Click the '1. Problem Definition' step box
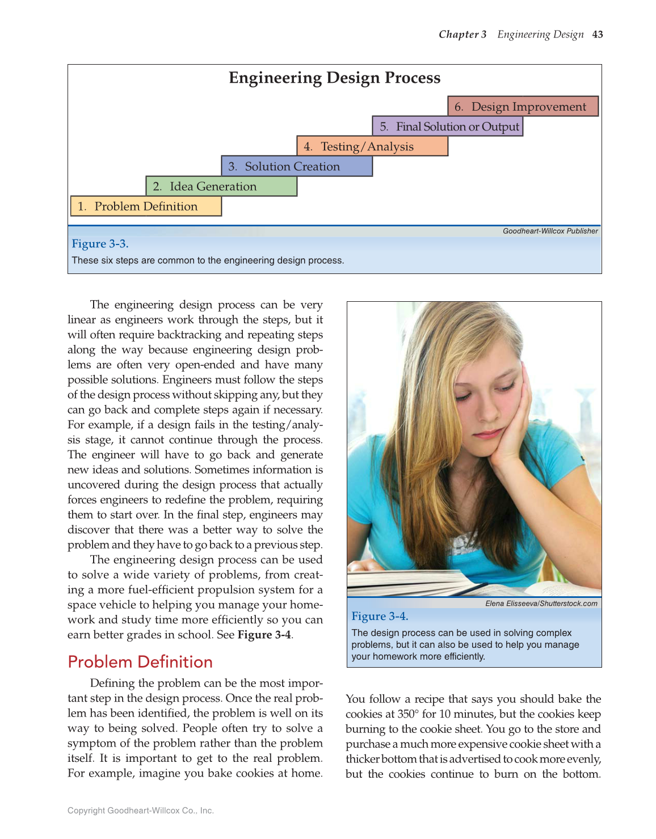coord(146,206)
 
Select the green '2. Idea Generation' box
coord(221,186)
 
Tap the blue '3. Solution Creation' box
coord(297,166)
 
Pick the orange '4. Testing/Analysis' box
coord(372,146)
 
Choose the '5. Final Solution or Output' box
coord(448,127)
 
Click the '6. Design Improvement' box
coord(523,107)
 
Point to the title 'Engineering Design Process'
coord(334,78)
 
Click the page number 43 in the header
coord(597,35)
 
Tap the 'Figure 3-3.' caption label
coord(100,244)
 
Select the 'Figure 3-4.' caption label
coord(380,616)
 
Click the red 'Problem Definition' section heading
coord(140,662)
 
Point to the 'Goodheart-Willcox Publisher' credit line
coord(550,231)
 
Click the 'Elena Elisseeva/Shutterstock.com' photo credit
coord(541,604)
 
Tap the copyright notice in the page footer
coord(141,811)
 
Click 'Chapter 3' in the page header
coord(462,35)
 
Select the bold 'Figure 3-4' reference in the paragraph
coord(264,635)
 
